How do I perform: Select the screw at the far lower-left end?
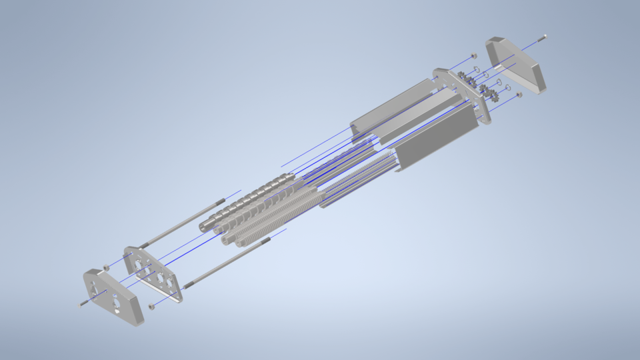[x=84, y=303]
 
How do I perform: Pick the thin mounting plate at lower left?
[x=153, y=273]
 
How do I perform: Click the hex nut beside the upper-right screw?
[x=473, y=56]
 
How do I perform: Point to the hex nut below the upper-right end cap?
[x=519, y=95]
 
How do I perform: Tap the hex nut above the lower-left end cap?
[x=106, y=267]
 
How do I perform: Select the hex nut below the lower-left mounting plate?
[x=151, y=306]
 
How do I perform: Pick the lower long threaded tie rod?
[x=227, y=263]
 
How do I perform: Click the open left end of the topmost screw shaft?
[x=203, y=225]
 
